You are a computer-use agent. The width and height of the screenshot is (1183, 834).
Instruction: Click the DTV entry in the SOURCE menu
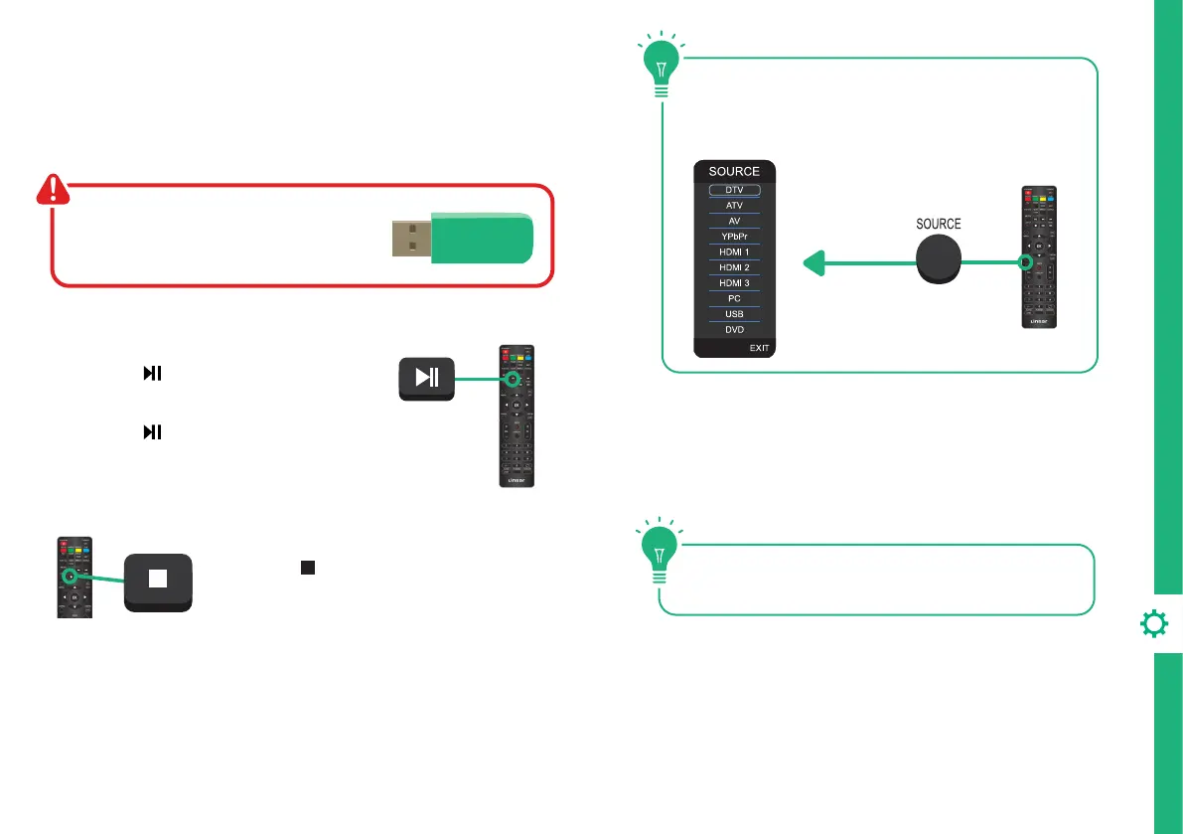[x=734, y=190]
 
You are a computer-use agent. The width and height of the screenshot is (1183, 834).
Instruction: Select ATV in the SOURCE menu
[x=734, y=206]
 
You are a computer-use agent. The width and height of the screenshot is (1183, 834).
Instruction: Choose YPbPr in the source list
[x=734, y=237]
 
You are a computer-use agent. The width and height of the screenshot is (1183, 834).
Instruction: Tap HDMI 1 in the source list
[x=734, y=252]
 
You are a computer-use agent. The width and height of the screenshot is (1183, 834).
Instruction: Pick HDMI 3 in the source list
[x=734, y=283]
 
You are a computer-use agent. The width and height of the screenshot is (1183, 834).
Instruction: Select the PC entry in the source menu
[x=734, y=298]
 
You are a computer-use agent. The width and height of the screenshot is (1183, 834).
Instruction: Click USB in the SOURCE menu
[x=734, y=314]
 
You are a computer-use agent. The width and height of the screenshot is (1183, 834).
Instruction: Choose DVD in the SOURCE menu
[x=734, y=329]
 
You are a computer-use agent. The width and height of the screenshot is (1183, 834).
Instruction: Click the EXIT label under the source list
[x=760, y=348]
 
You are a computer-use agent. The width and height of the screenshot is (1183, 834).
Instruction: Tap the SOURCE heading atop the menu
[x=734, y=171]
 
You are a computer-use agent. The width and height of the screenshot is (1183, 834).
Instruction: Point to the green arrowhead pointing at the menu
[x=813, y=263]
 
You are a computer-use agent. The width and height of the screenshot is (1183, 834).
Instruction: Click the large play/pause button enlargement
[x=426, y=378]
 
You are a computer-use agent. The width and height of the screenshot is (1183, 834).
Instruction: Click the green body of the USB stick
[x=482, y=240]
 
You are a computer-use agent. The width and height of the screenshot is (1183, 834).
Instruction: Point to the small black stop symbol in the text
[x=308, y=567]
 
